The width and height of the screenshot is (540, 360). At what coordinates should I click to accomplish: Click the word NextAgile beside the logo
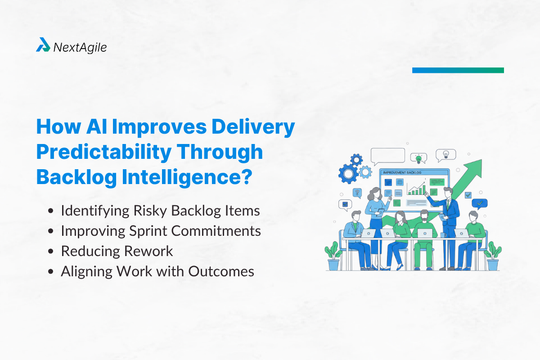pyautogui.click(x=80, y=46)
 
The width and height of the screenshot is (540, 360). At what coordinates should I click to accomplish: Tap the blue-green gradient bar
pyautogui.click(x=458, y=70)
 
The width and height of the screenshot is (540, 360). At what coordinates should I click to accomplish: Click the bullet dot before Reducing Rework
pyautogui.click(x=52, y=252)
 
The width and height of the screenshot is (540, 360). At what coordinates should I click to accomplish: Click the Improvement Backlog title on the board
pyautogui.click(x=401, y=172)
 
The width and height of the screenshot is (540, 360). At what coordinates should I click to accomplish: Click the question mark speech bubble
pyautogui.click(x=358, y=193)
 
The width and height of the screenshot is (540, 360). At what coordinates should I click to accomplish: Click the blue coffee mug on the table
pyautogui.click(x=443, y=234)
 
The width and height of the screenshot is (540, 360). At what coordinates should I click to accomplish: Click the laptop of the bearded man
pyautogui.click(x=425, y=233)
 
